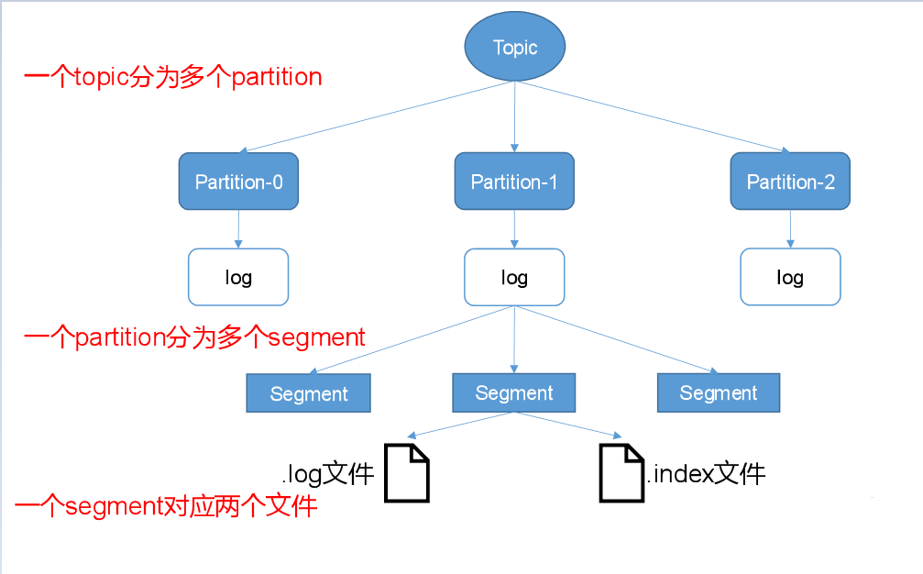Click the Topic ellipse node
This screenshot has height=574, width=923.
(514, 47)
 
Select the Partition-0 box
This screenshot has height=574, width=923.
(239, 182)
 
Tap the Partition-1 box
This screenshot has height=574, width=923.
(514, 182)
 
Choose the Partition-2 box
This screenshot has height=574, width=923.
(790, 182)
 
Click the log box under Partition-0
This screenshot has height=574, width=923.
(238, 277)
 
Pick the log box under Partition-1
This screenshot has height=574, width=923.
(514, 277)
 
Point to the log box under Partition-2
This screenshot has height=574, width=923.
(790, 277)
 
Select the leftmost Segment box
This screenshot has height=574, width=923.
(309, 393)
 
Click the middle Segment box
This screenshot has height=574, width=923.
(514, 392)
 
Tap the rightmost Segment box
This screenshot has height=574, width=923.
(719, 392)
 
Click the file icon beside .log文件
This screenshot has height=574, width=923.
(406, 473)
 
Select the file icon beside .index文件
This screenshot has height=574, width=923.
(621, 473)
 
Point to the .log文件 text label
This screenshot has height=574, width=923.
(328, 474)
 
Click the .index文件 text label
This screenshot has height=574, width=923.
(706, 474)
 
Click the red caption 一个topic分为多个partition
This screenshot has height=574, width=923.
(172, 77)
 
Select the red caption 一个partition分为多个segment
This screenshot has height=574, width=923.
(194, 337)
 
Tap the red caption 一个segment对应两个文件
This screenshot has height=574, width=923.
(166, 505)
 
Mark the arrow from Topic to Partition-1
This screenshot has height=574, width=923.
(514, 115)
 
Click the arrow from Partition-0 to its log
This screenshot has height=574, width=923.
(238, 228)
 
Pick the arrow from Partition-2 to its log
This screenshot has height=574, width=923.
(790, 228)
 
